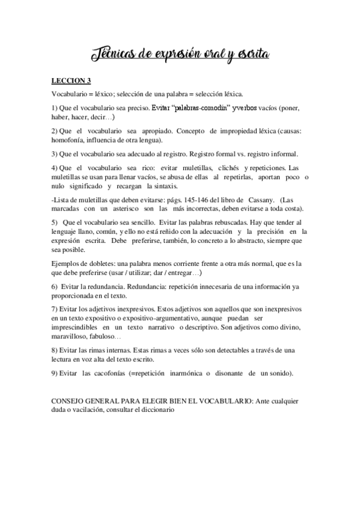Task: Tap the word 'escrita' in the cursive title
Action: [247, 56]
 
